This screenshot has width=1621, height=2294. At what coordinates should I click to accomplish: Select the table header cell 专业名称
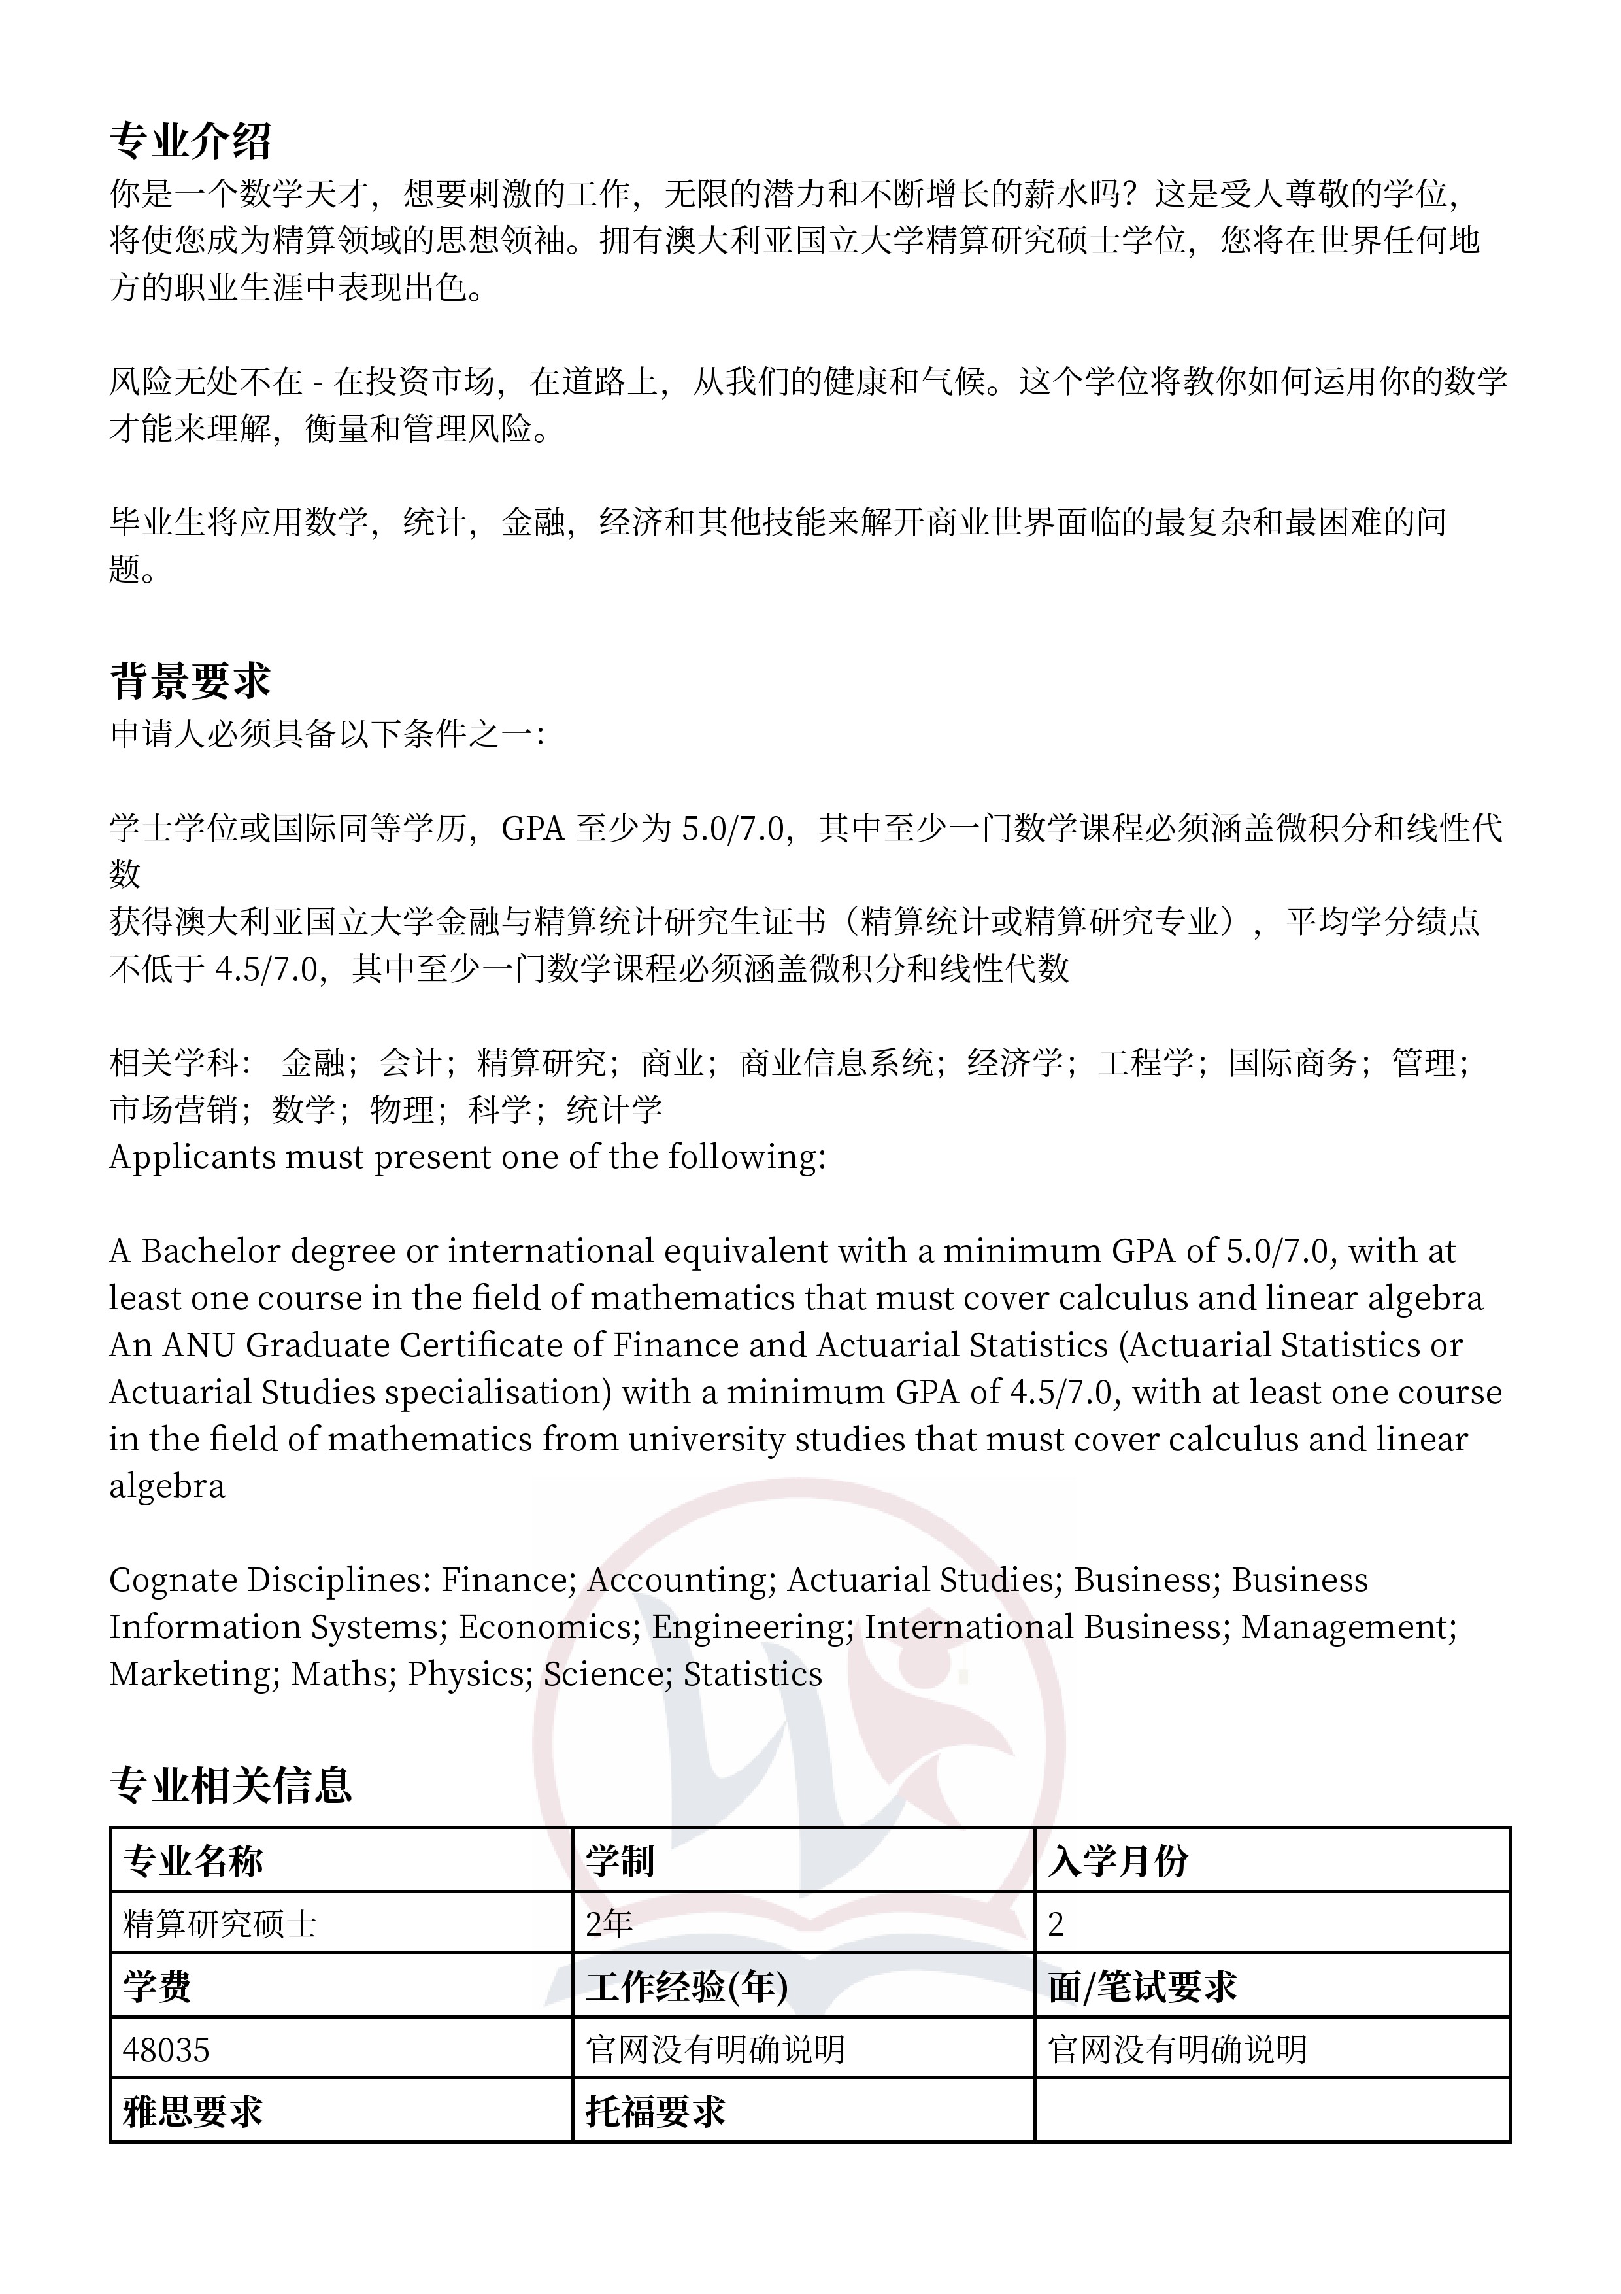(x=193, y=1861)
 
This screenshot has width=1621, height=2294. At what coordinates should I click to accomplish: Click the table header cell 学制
(x=619, y=1861)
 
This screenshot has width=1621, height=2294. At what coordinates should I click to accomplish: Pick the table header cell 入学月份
(x=1118, y=1861)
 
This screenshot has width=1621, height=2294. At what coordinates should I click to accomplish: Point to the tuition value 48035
(x=166, y=2050)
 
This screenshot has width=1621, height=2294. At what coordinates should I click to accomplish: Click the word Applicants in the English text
(x=193, y=1157)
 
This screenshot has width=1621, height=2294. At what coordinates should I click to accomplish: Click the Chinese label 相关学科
(x=174, y=1063)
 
